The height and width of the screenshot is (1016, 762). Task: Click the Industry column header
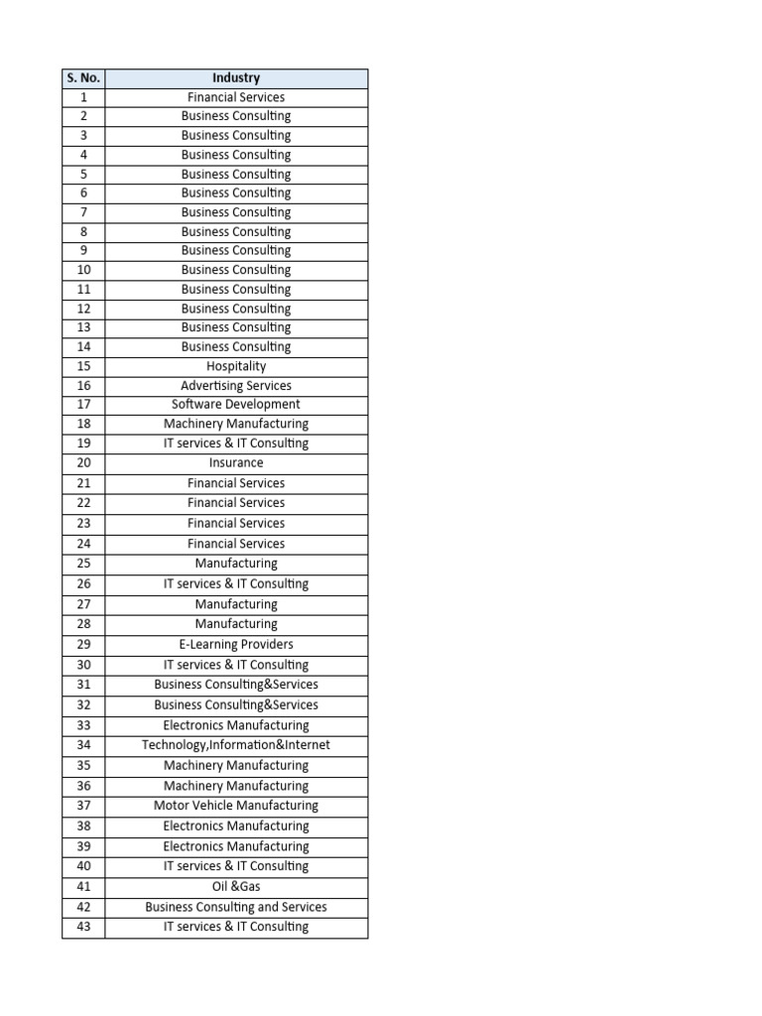click(236, 78)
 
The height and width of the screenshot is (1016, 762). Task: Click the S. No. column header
click(83, 78)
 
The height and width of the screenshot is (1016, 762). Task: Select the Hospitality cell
click(236, 366)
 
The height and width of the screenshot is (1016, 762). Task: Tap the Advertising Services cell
click(236, 386)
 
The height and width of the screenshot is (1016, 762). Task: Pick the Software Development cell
click(236, 405)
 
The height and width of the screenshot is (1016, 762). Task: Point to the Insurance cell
click(236, 463)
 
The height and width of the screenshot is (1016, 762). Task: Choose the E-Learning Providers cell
click(236, 645)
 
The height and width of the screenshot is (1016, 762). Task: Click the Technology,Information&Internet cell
click(236, 745)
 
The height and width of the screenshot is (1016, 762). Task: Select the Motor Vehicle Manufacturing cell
click(236, 806)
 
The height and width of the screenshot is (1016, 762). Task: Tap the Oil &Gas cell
click(236, 887)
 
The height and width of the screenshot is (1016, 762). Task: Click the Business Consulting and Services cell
click(236, 907)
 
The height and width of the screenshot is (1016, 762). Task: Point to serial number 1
click(83, 97)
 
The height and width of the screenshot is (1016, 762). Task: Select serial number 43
click(83, 927)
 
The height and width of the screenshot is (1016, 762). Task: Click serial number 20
click(83, 463)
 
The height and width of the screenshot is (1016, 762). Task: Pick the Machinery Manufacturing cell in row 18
click(236, 424)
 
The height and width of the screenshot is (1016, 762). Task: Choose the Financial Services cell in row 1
click(236, 97)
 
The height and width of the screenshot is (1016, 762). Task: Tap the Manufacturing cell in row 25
click(236, 564)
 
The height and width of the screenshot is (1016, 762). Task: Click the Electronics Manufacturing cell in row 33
click(236, 725)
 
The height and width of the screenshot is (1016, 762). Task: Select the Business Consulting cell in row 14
click(236, 347)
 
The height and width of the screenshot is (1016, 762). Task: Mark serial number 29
click(83, 645)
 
